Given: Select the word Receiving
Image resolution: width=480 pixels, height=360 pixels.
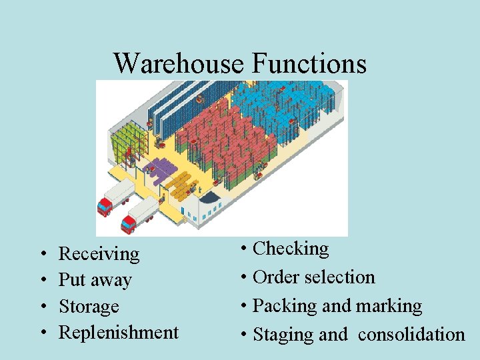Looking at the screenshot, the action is pos(99,254).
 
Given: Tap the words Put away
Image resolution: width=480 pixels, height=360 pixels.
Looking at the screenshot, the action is pos(95,280).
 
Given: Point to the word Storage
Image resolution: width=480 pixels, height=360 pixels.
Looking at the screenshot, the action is pos(89,307).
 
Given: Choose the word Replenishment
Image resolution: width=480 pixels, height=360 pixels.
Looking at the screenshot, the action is pos(119,332).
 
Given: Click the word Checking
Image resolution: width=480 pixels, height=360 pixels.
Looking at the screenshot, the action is pos(291,249).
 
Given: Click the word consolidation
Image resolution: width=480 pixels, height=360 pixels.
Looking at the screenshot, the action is pos(411,335).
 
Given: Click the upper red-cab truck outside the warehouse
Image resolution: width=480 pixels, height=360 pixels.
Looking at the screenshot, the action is pos(115,197).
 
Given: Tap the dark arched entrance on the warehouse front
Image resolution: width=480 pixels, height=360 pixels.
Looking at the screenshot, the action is pos(207,199).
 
